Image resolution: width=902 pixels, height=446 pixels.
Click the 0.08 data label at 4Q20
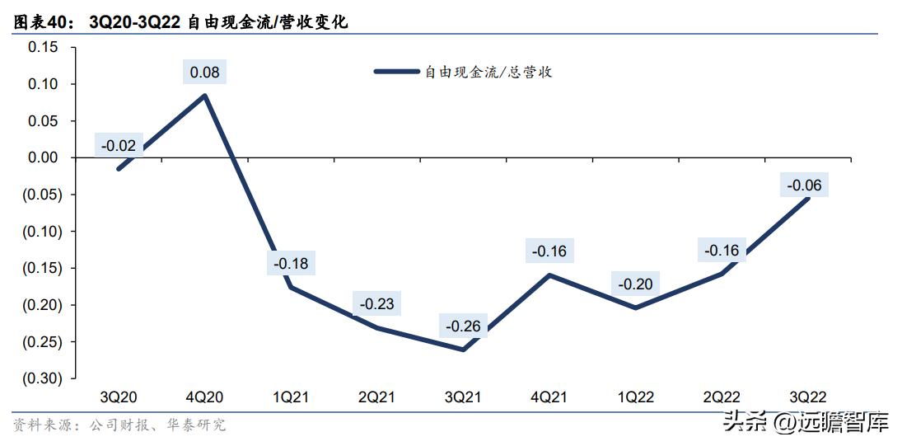[204, 73]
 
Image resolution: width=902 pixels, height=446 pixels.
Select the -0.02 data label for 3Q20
[119, 146]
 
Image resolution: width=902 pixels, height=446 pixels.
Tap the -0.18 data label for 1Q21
[290, 264]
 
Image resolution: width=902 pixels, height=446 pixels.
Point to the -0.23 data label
[377, 304]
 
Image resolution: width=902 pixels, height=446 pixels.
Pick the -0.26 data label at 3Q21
[463, 326]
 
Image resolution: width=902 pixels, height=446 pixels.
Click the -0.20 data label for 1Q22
[635, 284]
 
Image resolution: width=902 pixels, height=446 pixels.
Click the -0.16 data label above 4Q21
[549, 251]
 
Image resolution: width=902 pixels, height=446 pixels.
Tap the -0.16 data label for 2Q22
[722, 251]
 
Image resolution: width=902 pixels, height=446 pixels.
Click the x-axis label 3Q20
[118, 397]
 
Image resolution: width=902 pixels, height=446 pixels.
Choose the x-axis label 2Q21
[376, 397]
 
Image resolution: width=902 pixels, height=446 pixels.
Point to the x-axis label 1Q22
[635, 397]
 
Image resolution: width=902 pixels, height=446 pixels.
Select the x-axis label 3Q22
[806, 397]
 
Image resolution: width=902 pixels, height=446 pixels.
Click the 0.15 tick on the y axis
[43, 47]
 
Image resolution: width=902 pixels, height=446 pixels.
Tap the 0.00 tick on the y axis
[43, 157]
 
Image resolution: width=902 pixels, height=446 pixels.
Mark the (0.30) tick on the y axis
[40, 378]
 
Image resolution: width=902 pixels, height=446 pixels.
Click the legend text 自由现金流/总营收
[488, 73]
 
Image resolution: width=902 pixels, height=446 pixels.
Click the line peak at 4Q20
[204, 95]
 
